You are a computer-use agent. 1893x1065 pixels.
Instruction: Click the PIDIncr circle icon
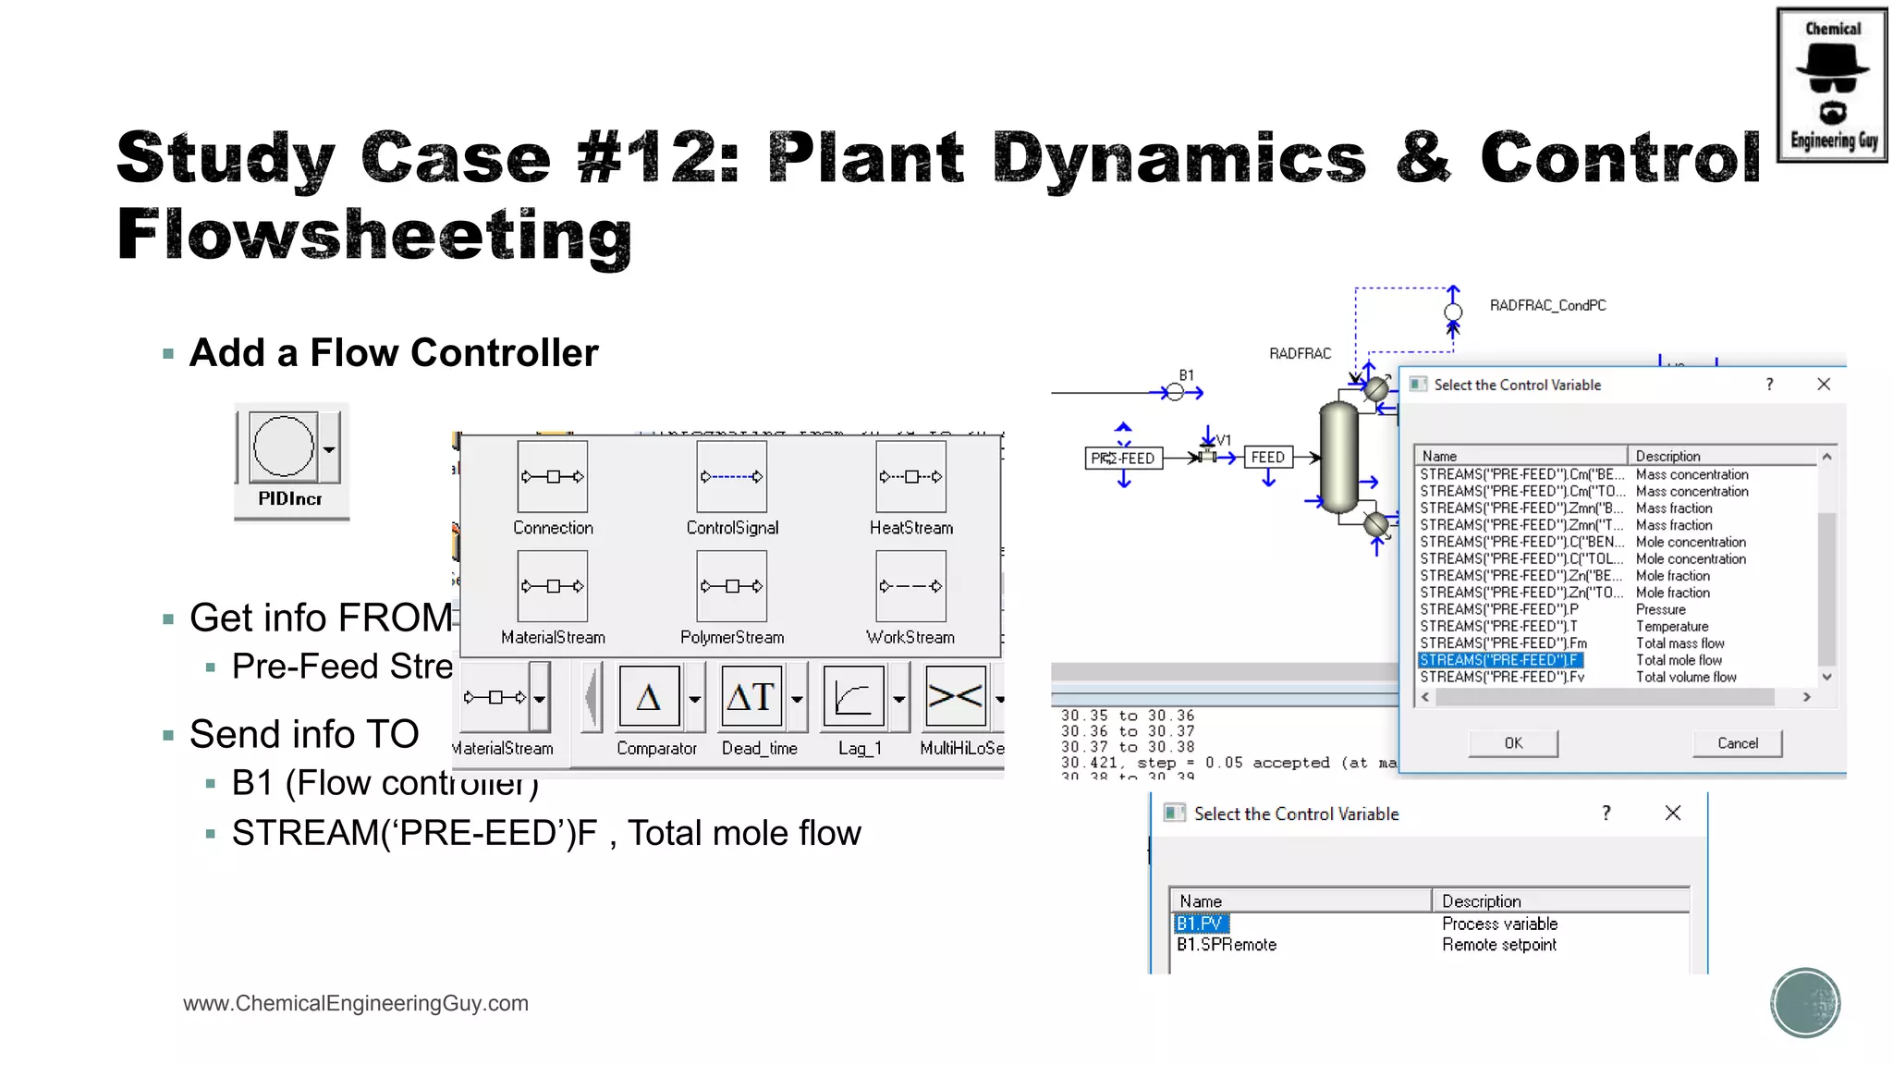(x=284, y=447)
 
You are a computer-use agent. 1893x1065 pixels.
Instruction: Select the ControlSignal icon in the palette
(x=731, y=477)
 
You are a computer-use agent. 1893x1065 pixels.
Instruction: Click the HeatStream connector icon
(x=910, y=477)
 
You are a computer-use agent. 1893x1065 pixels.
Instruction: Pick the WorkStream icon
(x=910, y=586)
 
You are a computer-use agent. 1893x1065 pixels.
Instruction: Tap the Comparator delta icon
(x=649, y=697)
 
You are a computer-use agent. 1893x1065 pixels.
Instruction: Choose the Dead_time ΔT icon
(x=751, y=697)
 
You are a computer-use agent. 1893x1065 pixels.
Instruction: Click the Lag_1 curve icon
(x=852, y=697)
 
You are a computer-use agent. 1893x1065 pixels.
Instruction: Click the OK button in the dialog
(x=1513, y=743)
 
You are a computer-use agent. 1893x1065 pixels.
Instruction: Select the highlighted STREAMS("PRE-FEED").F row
(x=1499, y=660)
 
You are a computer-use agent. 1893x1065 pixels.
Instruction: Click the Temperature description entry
(x=1672, y=627)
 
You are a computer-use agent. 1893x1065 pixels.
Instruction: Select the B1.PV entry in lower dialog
(x=1200, y=924)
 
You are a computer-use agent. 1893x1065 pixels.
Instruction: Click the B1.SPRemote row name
(x=1227, y=945)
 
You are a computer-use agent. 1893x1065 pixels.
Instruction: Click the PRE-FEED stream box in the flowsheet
(x=1123, y=459)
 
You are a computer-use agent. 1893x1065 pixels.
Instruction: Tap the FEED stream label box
(x=1267, y=458)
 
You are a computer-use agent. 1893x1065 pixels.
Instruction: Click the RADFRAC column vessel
(x=1337, y=456)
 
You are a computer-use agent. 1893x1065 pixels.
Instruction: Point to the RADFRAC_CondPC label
(x=1547, y=306)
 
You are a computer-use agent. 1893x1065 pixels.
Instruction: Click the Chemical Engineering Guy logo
(x=1832, y=85)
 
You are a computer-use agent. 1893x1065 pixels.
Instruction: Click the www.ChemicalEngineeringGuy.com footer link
(x=356, y=1003)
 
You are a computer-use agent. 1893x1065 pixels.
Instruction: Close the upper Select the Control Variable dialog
(x=1823, y=385)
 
